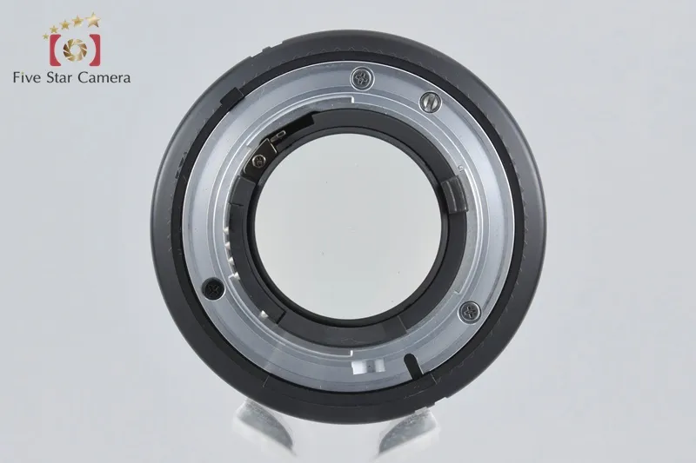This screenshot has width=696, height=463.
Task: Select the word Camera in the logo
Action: [x=104, y=77]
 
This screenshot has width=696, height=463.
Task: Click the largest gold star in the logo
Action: [x=93, y=20]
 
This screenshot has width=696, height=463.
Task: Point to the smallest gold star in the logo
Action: [x=46, y=36]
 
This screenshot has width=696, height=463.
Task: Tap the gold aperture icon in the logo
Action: [x=74, y=50]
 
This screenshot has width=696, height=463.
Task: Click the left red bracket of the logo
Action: [x=54, y=50]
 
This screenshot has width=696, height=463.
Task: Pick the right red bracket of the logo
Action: [x=95, y=50]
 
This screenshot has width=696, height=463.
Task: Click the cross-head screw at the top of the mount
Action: [x=362, y=79]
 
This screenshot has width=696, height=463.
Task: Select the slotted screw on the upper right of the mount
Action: [x=430, y=103]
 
